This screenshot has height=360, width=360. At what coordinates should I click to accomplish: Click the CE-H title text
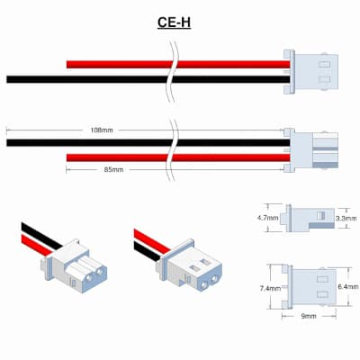pyautogui.click(x=174, y=22)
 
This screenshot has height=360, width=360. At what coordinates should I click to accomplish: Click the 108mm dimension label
pyautogui.click(x=102, y=130)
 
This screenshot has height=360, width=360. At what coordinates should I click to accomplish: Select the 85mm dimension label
pyautogui.click(x=113, y=169)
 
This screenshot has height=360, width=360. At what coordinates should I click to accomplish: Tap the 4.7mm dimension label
pyautogui.click(x=268, y=218)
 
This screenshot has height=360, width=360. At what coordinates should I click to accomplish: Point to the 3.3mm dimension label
pyautogui.click(x=346, y=219)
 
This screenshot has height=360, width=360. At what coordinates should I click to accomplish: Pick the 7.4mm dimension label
pyautogui.click(x=270, y=289)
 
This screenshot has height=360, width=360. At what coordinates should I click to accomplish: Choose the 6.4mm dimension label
pyautogui.click(x=348, y=287)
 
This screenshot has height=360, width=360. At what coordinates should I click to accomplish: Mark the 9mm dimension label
pyautogui.click(x=309, y=316)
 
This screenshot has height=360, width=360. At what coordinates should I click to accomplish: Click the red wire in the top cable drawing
pyautogui.click(x=178, y=64)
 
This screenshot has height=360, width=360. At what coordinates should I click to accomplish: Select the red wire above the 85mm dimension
pyautogui.click(x=178, y=157)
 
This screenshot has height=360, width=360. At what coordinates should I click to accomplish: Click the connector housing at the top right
pyautogui.click(x=310, y=72)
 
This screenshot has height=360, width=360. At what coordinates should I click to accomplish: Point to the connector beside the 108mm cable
pyautogui.click(x=310, y=150)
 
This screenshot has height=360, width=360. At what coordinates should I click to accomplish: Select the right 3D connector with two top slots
pyautogui.click(x=189, y=265)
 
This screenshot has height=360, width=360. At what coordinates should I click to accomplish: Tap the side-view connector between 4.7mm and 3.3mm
pyautogui.click(x=307, y=218)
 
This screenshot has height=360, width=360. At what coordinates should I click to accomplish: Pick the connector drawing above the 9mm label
pyautogui.click(x=309, y=287)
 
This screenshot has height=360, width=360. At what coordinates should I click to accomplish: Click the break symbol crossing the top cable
pyautogui.click(x=173, y=71)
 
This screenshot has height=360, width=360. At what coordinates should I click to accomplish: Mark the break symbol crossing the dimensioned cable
pyautogui.click(x=173, y=150)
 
